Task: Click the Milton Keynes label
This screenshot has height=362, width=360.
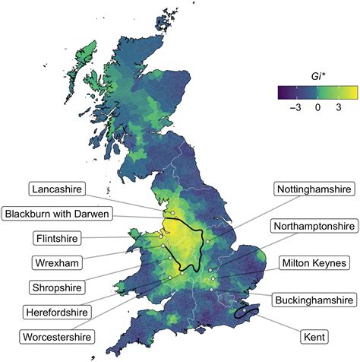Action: point(314,262)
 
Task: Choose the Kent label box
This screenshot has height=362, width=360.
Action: point(314,335)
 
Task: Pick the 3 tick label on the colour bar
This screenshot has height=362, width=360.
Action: point(338,109)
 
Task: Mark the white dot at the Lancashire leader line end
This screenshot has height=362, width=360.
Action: point(173,212)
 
